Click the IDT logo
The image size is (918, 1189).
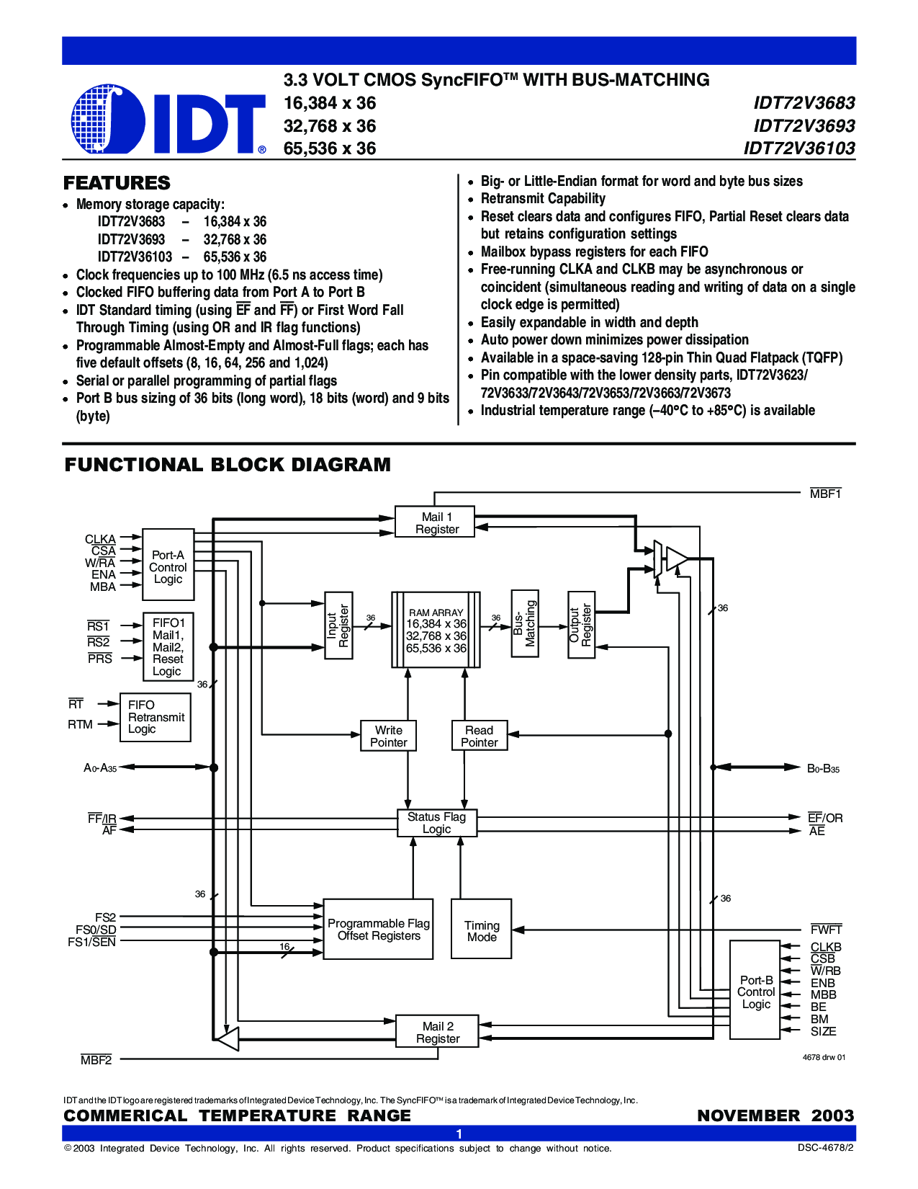point(168,120)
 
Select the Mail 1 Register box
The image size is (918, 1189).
point(435,522)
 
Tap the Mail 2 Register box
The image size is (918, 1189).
point(437,1031)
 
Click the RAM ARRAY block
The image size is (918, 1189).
point(436,629)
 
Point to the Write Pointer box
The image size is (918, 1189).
point(388,736)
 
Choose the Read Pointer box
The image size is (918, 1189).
point(480,736)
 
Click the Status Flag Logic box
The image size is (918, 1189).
point(437,822)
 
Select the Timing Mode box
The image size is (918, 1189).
point(481,929)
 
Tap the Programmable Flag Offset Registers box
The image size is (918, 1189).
point(378,929)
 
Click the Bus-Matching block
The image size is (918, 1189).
point(525,623)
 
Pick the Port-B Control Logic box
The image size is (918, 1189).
point(755,990)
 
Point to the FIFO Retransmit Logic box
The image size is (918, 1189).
point(156,717)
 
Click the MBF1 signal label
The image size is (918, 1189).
point(825,494)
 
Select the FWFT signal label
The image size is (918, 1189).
point(826,929)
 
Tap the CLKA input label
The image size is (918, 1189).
point(100,539)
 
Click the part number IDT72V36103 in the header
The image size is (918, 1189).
point(798,148)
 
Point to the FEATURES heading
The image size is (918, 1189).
point(117,183)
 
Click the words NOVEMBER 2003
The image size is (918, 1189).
point(775,1115)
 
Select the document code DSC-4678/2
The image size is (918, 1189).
point(825,1148)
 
